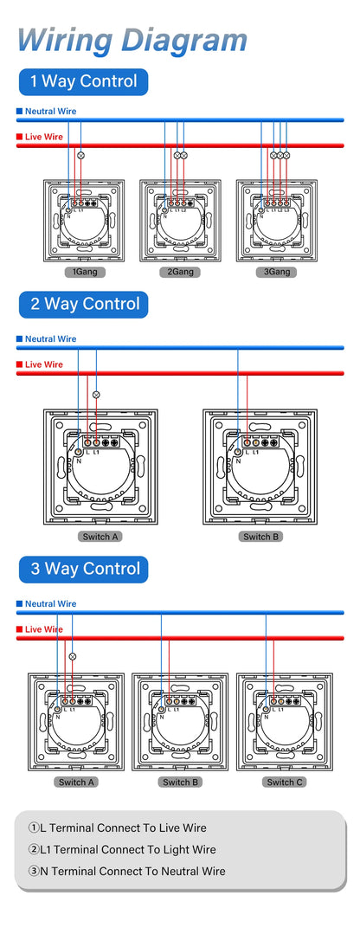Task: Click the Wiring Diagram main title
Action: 132,40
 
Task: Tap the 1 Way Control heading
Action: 83,82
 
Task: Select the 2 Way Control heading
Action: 84,304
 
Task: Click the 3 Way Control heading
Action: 84,569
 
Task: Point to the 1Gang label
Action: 84,272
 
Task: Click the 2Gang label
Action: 180,272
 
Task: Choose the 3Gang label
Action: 277,272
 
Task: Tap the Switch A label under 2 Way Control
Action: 100,537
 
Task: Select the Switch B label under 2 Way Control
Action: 257,537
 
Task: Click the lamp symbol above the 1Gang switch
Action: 81,155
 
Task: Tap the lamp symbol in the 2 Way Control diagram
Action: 96,394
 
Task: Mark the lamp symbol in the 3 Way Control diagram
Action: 73,656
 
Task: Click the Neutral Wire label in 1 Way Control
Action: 50,112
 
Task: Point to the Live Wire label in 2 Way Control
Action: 43,364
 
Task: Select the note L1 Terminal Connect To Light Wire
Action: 121,849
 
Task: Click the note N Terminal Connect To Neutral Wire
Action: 126,871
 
